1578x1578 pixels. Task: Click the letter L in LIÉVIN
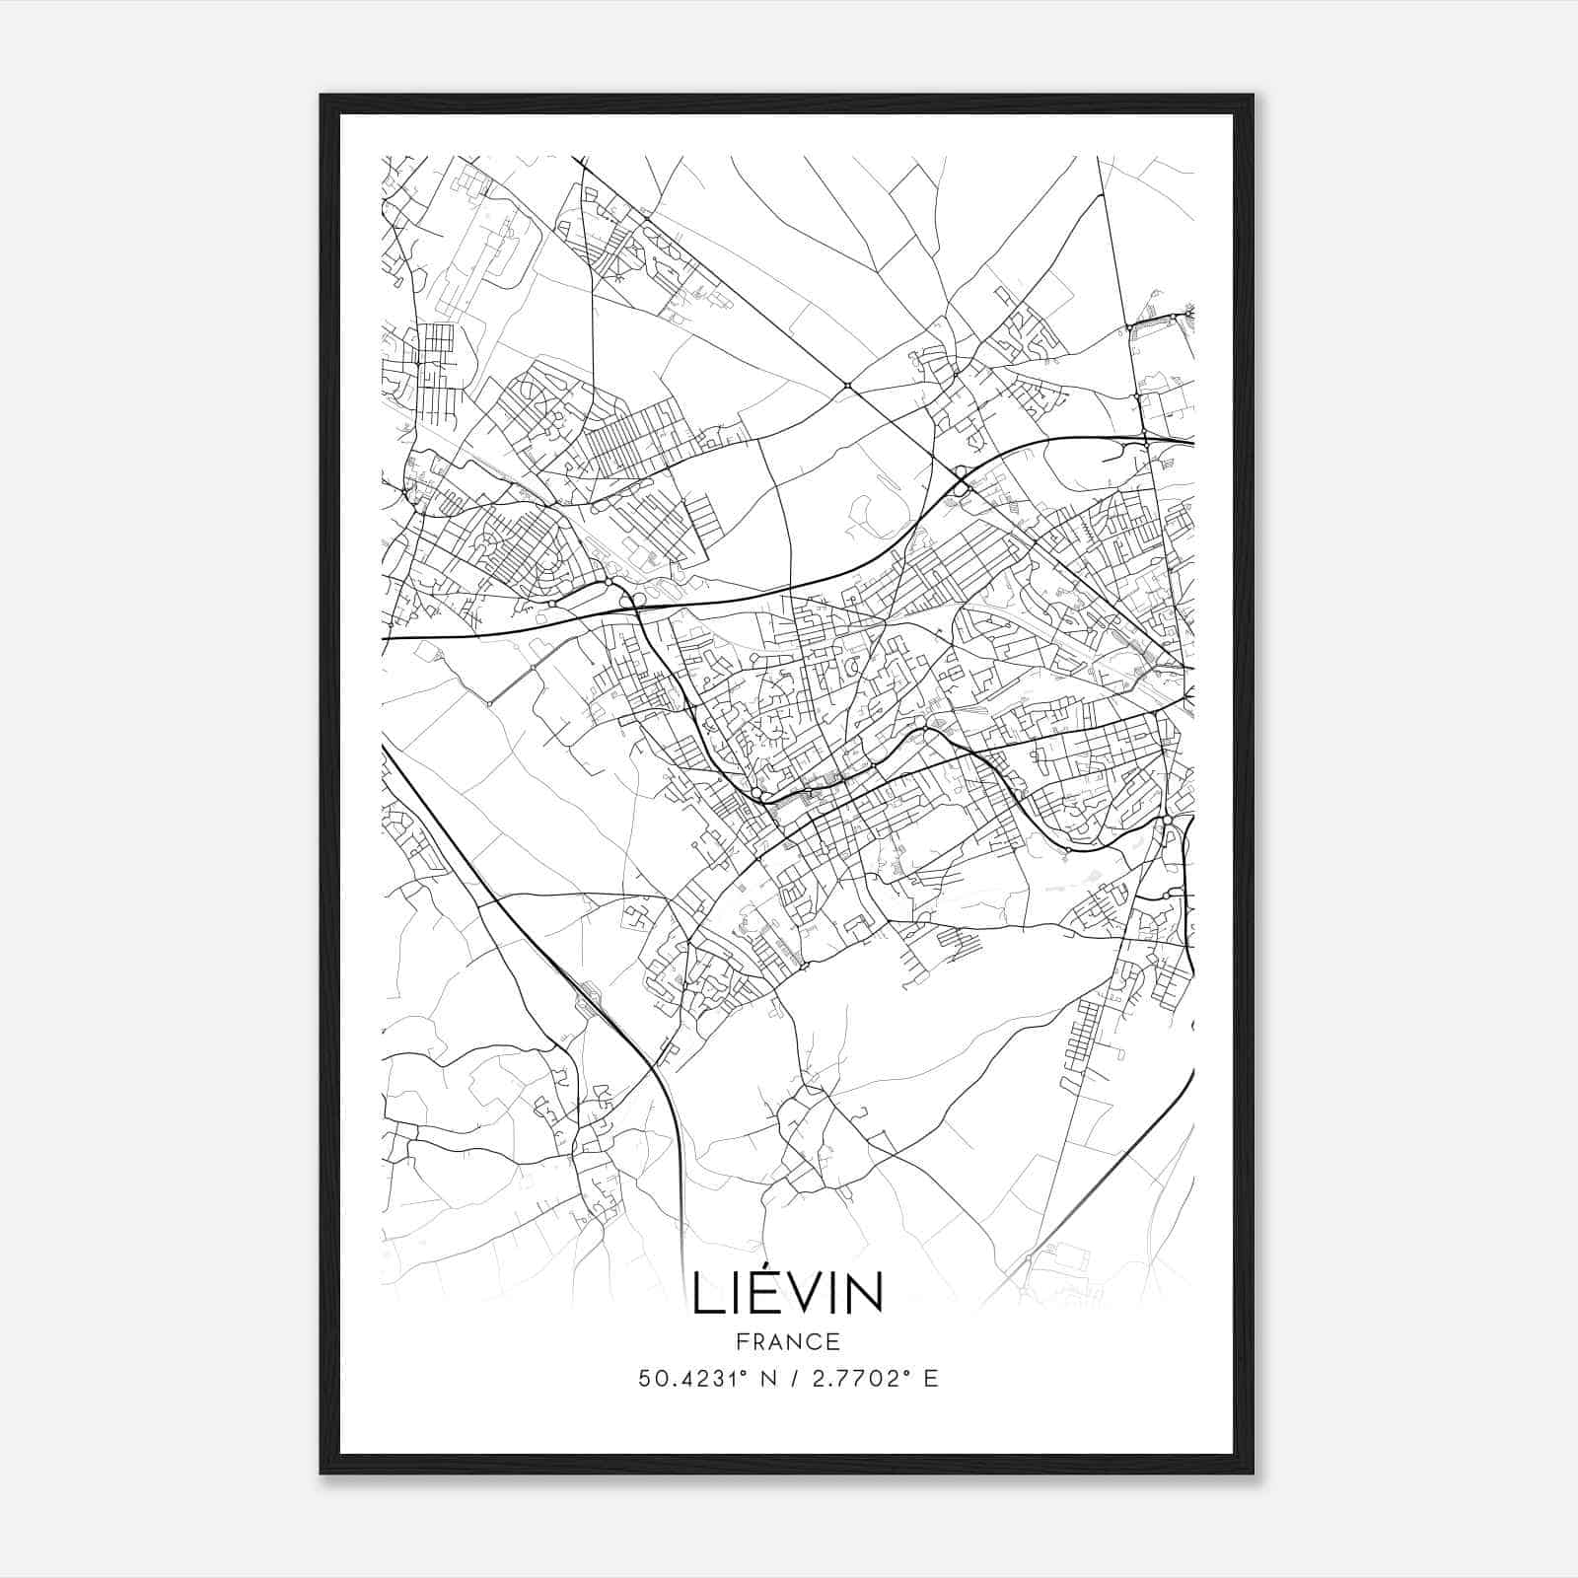pos(708,1294)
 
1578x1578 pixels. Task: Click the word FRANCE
pos(788,1341)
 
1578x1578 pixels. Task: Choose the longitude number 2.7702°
pos(854,1379)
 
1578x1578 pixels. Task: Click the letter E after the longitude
pos(931,1379)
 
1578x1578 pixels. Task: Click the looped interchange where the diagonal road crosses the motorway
pos(962,481)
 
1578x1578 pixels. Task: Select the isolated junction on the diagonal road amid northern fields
pos(847,386)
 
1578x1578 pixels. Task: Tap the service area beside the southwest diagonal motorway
pos(593,1002)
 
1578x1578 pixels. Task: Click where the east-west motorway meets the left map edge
pos(384,639)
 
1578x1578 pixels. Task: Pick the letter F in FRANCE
pos(742,1341)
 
